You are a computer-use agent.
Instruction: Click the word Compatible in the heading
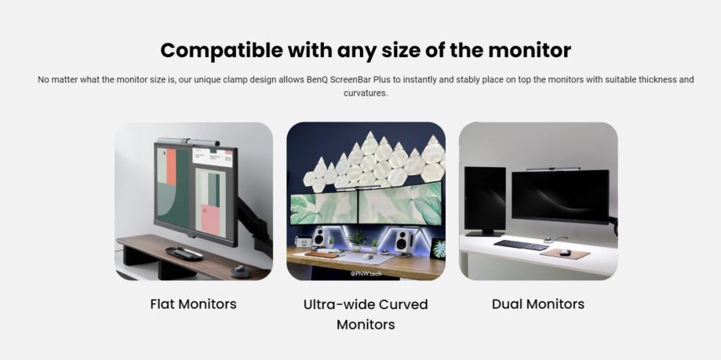point(221,50)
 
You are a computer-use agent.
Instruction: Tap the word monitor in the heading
point(530,50)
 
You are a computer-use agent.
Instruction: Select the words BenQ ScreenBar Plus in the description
point(348,79)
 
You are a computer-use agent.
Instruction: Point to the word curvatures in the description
point(365,93)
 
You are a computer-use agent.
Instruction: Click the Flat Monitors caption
point(193,304)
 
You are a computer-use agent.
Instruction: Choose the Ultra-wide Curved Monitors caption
point(366,315)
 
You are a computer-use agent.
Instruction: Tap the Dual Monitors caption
point(538,304)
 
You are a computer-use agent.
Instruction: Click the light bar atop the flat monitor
point(188,142)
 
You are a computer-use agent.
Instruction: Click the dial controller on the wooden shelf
point(240,271)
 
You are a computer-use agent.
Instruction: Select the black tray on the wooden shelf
point(184,253)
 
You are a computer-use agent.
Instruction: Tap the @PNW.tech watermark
point(366,274)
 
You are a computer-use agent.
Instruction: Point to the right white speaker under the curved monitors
point(402,239)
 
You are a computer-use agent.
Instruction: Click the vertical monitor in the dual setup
point(485,200)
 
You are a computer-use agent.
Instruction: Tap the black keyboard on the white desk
point(521,245)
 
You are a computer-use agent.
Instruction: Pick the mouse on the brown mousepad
point(565,253)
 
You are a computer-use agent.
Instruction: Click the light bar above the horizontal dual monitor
point(553,169)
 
